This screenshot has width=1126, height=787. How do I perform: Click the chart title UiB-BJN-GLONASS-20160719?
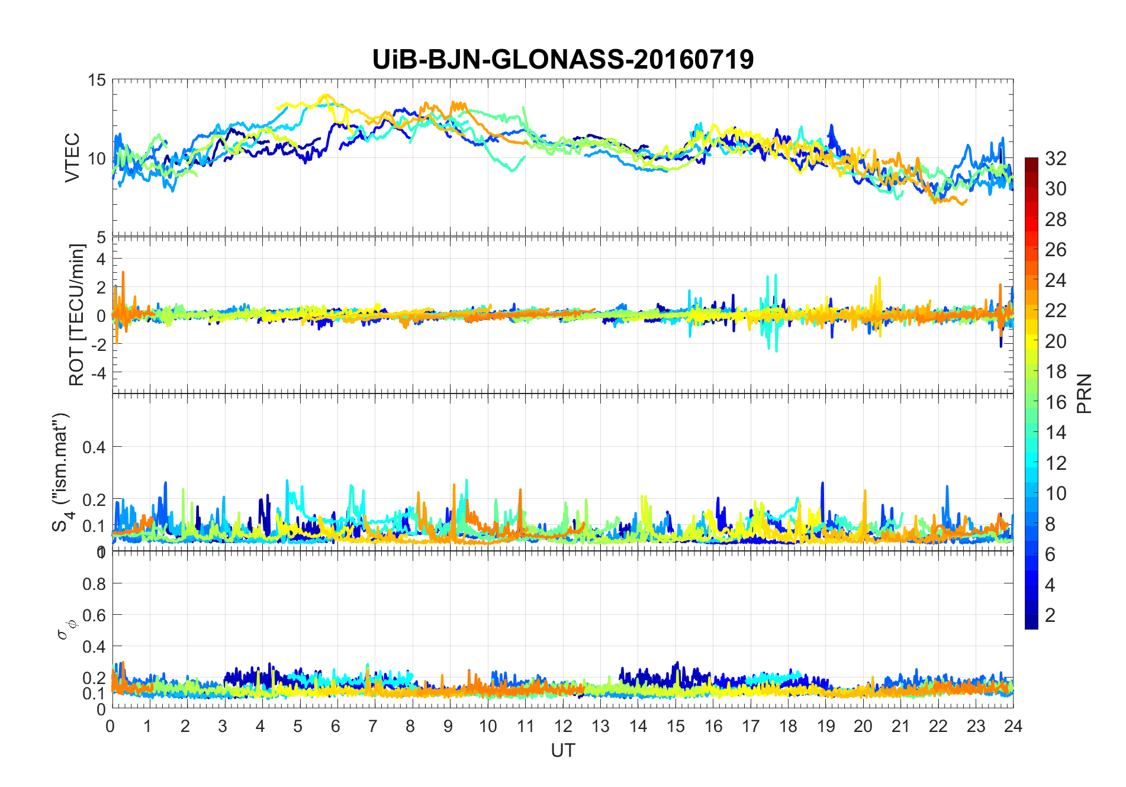pos(562,60)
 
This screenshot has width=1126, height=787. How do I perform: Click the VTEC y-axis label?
pos(72,158)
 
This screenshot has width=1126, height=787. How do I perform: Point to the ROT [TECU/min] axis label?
pos(77,315)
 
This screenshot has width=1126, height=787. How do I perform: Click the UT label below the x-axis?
pos(562,750)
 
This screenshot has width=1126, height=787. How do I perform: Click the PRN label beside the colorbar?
pos(1084,393)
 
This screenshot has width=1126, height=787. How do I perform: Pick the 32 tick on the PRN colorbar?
pos(1056,159)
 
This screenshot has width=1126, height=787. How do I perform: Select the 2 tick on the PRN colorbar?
pos(1050,615)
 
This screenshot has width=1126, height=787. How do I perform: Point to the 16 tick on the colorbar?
pos(1056,402)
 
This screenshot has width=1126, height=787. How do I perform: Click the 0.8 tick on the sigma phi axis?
pos(94,584)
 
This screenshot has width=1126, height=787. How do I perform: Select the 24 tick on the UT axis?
pos(1013,726)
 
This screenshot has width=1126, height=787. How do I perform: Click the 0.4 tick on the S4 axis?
pos(94,447)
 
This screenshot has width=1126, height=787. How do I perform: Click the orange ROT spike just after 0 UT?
pos(123,273)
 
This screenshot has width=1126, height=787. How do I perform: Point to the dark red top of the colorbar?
pos(1031,161)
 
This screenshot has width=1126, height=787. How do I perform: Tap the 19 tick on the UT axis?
pos(825,726)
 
